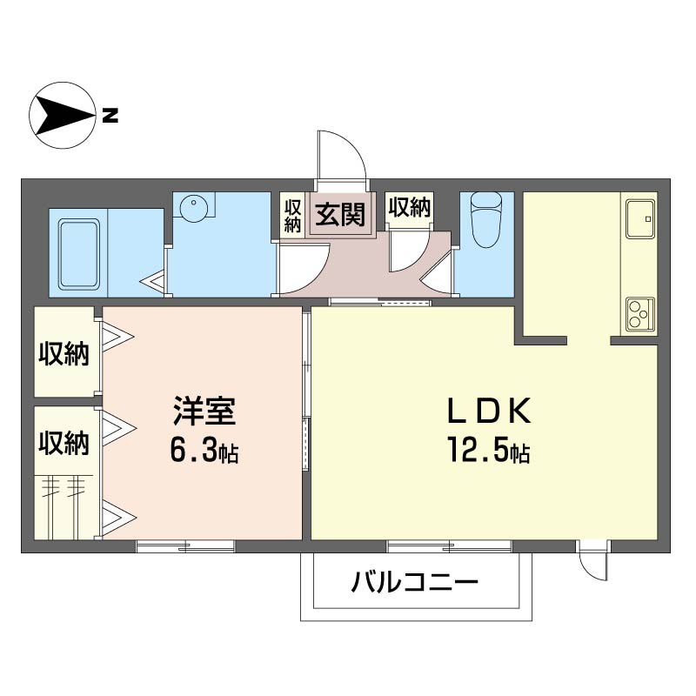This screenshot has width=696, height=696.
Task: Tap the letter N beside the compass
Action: click(110, 116)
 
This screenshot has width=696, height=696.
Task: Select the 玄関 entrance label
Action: click(340, 214)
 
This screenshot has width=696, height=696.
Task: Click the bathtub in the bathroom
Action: click(79, 255)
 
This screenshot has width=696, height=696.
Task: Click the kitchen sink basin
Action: click(640, 219)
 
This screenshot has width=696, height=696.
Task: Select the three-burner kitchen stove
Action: click(640, 314)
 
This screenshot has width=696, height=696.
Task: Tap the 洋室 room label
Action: click(204, 411)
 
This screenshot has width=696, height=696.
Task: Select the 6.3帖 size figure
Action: click(204, 450)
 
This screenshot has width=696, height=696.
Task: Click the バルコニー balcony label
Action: click(415, 581)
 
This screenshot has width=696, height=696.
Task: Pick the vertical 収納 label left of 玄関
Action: click(292, 216)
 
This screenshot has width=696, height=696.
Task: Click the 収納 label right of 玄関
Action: click(409, 207)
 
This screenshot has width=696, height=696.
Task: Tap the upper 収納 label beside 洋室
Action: click(64, 354)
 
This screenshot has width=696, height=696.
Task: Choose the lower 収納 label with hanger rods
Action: click(64, 443)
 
